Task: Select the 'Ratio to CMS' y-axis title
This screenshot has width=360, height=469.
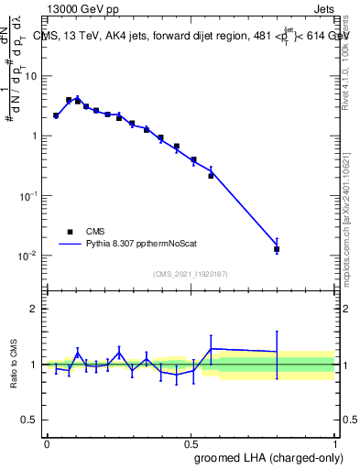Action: coord(15,365)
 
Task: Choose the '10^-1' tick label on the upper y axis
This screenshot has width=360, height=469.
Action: coord(28,195)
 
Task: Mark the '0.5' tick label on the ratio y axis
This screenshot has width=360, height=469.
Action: coord(30,420)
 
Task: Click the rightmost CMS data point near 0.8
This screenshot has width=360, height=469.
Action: coord(277,249)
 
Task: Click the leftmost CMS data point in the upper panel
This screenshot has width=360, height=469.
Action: coord(56,116)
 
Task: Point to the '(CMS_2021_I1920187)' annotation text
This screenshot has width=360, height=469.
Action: coord(191,273)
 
